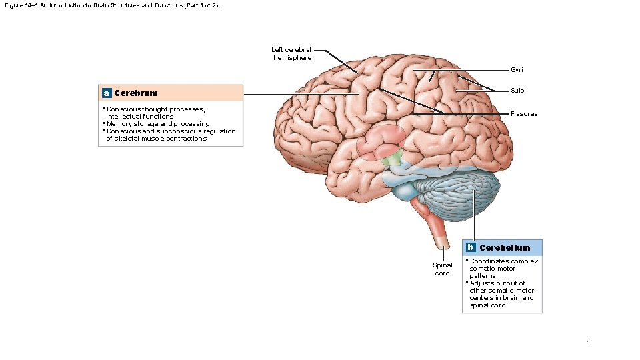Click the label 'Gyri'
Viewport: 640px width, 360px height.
click(x=517, y=70)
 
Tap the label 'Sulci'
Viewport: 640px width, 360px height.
click(x=518, y=91)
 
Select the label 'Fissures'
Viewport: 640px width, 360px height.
click(x=524, y=114)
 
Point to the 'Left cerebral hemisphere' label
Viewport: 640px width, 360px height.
click(x=291, y=54)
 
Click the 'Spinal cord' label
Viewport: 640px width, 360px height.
click(x=442, y=269)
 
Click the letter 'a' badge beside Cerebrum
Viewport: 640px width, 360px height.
click(x=106, y=93)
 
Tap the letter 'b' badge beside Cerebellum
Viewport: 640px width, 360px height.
click(x=470, y=247)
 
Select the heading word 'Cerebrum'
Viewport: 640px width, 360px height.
click(x=136, y=93)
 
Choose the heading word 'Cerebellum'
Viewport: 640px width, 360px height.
click(x=505, y=248)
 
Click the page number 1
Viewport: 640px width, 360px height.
click(x=588, y=343)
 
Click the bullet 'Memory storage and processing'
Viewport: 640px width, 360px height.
click(x=158, y=124)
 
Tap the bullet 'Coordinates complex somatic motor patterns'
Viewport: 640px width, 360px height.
click(x=503, y=268)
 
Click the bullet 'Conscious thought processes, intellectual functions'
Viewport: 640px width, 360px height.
click(x=155, y=113)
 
